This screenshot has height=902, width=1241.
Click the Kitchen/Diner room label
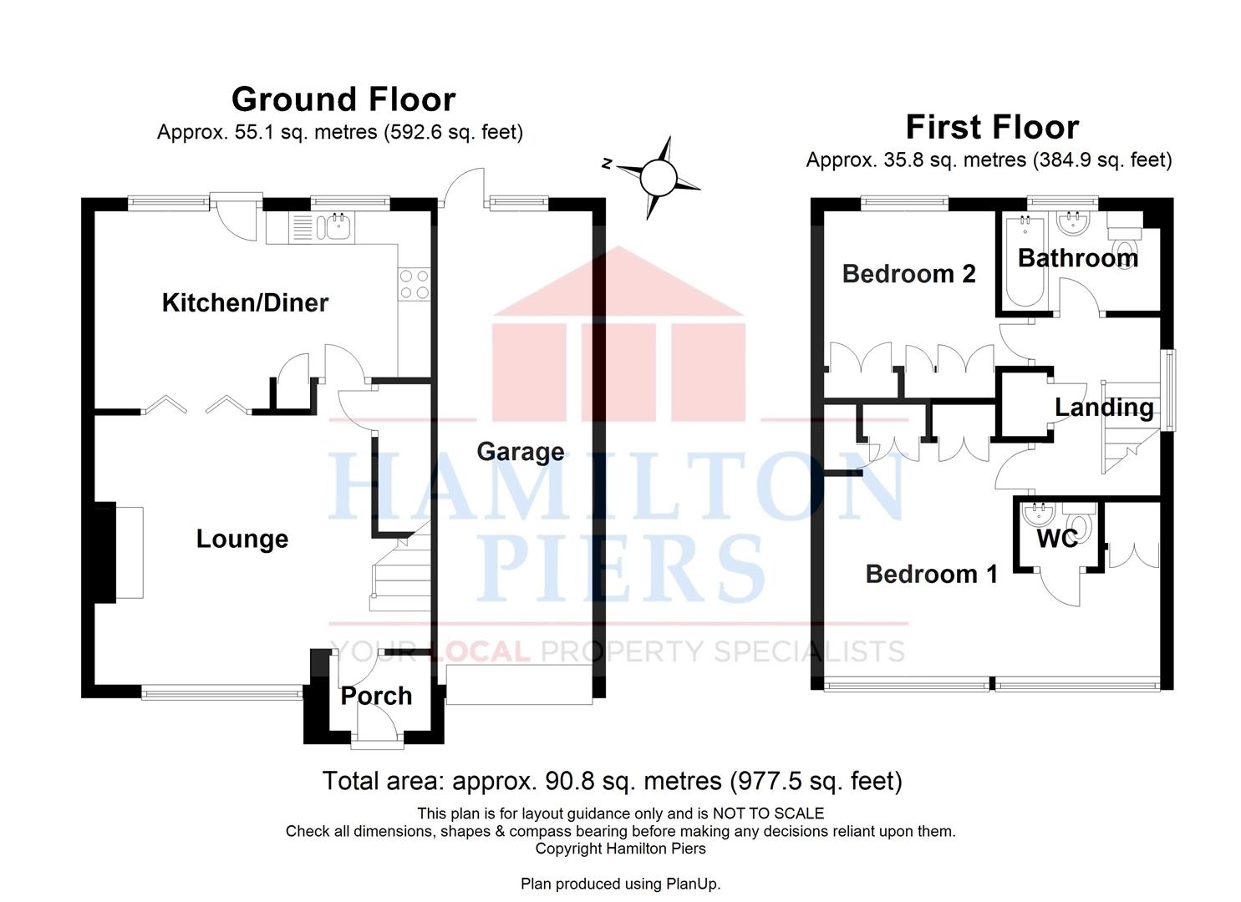click(x=245, y=303)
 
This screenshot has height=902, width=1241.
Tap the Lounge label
click(x=242, y=539)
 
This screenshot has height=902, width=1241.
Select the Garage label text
click(x=521, y=451)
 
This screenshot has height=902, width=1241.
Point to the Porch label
click(x=376, y=696)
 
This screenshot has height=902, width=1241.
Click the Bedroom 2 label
click(x=908, y=274)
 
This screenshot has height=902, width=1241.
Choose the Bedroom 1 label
click(x=931, y=575)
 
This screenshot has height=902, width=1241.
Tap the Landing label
click(x=1104, y=408)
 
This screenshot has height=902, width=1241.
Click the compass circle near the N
click(x=659, y=178)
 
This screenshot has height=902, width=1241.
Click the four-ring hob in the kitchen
click(x=415, y=284)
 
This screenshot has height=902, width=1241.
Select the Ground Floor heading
click(x=343, y=99)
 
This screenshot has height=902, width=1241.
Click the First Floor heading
click(x=992, y=127)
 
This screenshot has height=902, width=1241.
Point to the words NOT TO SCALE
click(x=768, y=813)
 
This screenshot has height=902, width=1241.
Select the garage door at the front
click(x=519, y=685)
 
